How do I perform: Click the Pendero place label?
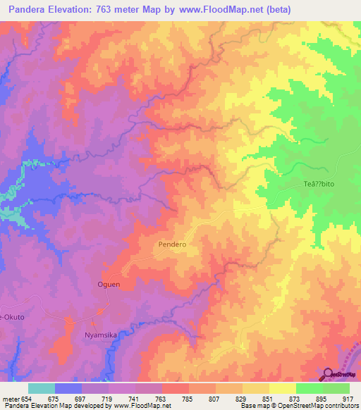pos(172,244)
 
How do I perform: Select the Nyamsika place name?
pos(99,335)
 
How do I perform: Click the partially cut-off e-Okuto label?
pos(13,317)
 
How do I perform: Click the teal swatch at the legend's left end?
pos(41,388)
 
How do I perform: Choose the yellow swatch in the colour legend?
pos(282,388)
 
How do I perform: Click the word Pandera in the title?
pos(24,10)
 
